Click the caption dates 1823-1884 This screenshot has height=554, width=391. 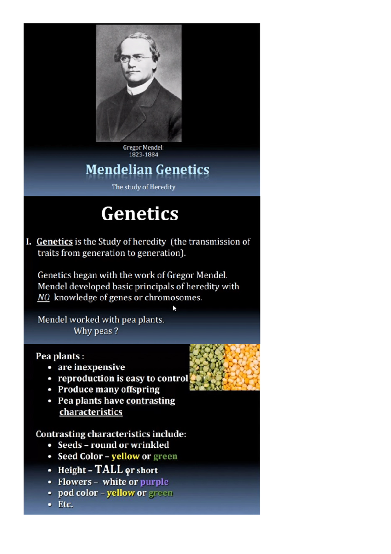click(143, 155)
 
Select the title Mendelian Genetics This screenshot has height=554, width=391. click(147, 170)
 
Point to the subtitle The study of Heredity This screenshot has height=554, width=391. click(143, 187)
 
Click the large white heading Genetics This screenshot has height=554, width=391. click(140, 214)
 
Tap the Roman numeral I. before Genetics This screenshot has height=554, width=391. click(29, 242)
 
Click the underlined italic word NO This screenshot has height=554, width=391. click(43, 298)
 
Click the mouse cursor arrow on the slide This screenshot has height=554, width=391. click(174, 308)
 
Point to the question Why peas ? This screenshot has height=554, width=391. click(96, 331)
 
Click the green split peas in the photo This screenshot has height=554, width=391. click(207, 367)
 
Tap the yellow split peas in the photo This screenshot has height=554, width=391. click(242, 367)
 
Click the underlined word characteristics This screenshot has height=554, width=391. click(91, 412)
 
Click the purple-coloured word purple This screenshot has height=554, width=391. click(154, 482)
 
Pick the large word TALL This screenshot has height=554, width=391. click(109, 469)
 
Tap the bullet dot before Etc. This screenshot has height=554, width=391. click(50, 504)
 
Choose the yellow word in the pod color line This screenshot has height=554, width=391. click(121, 493)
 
